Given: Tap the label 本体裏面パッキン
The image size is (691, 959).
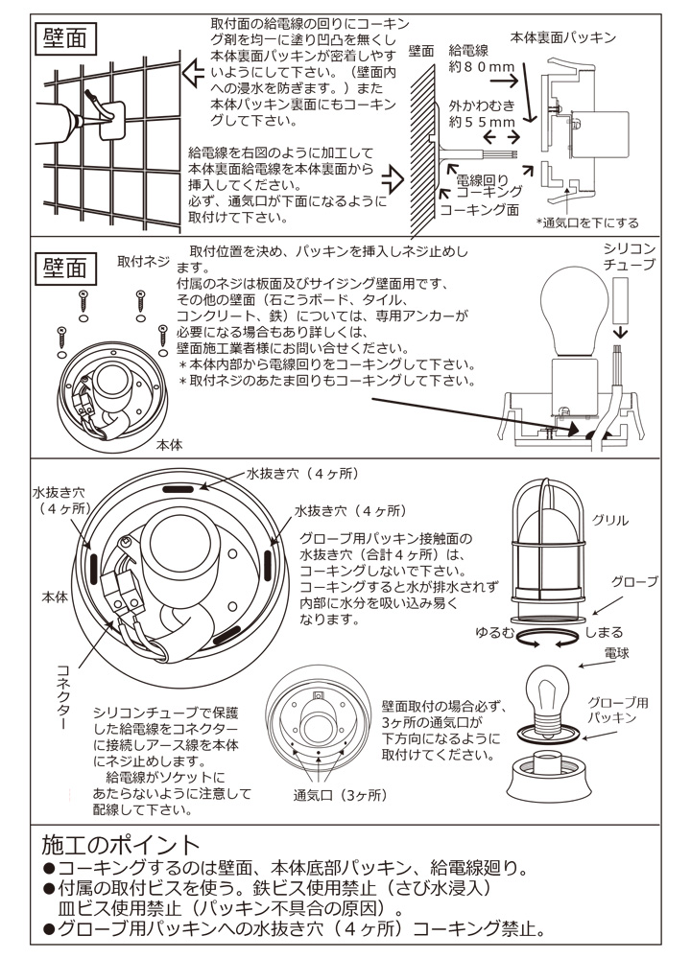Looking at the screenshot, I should (x=562, y=38).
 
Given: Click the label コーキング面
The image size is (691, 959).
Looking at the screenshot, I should (x=480, y=208).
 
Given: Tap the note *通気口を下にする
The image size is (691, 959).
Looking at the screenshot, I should (x=587, y=222).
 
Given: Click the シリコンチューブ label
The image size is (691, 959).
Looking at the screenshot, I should (x=630, y=256).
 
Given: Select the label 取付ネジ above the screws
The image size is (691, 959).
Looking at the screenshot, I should (x=143, y=261).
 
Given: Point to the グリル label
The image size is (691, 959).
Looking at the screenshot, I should (x=611, y=520).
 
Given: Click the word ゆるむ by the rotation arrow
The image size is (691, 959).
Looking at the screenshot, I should (x=495, y=632).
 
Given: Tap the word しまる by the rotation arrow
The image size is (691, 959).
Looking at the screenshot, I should (x=604, y=632).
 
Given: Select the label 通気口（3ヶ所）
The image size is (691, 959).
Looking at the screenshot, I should (x=340, y=795).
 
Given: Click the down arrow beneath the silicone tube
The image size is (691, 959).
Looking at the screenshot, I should (x=619, y=331).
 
